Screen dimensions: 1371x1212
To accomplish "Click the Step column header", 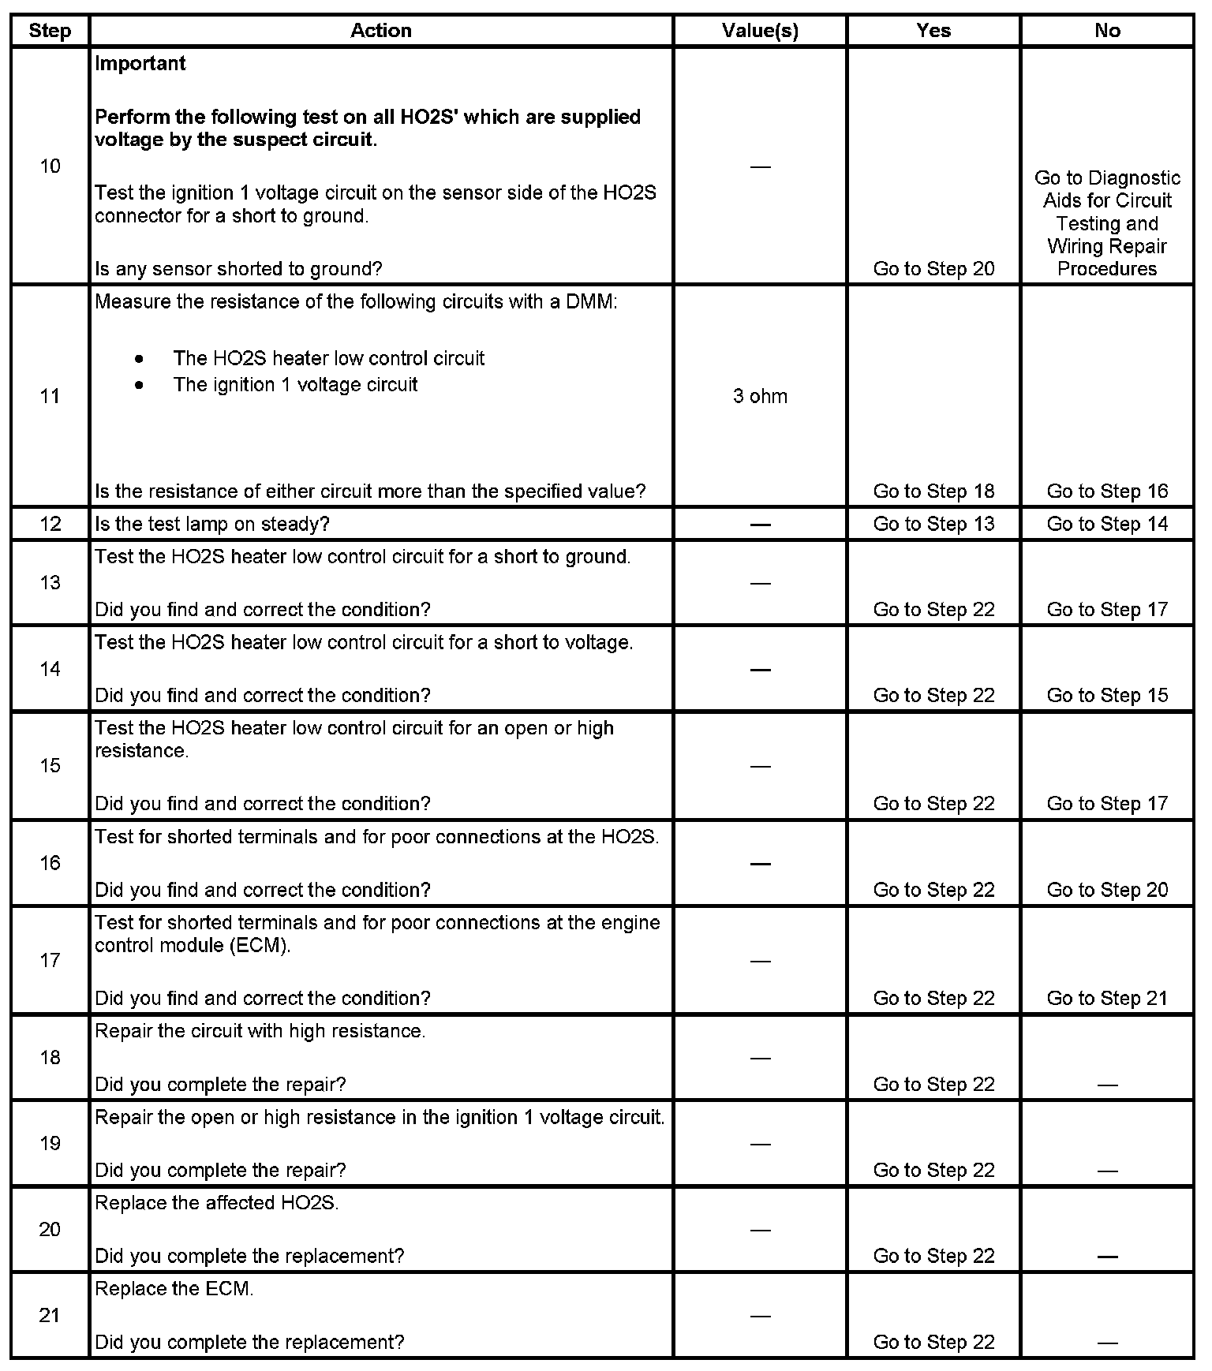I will [x=50, y=31].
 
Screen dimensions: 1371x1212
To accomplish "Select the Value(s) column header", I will [x=760, y=31].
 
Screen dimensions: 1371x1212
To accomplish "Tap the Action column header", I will [x=381, y=31].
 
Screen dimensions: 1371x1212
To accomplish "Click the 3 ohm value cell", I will [x=760, y=396].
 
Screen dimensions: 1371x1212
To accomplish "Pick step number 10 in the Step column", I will [x=50, y=166].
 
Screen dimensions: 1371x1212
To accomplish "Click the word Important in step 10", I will [x=140, y=63].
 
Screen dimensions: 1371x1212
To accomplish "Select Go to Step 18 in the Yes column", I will [x=933, y=491].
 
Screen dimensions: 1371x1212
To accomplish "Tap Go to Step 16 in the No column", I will [x=1107, y=491].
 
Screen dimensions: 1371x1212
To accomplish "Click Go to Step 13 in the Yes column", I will [x=933, y=524].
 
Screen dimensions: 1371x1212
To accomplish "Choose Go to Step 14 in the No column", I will [x=1107, y=524].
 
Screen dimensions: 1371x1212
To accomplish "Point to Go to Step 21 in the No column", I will [x=1107, y=998].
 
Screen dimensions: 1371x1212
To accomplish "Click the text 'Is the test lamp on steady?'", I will [x=212, y=524].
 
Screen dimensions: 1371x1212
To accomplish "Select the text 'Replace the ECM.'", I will [x=174, y=1288].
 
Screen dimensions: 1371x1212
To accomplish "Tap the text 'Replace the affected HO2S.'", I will [x=217, y=1203].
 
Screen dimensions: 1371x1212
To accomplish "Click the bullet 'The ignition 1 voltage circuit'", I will [x=295, y=385].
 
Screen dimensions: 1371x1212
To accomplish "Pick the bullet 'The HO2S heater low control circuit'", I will [x=328, y=359].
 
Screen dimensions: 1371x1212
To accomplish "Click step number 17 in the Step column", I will [x=50, y=960].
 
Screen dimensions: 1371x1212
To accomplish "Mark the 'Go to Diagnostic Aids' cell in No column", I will [x=1107, y=223].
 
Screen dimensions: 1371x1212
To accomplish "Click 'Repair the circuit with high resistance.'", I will [x=260, y=1031].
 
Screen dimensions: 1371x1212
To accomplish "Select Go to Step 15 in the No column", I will [x=1107, y=695].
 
